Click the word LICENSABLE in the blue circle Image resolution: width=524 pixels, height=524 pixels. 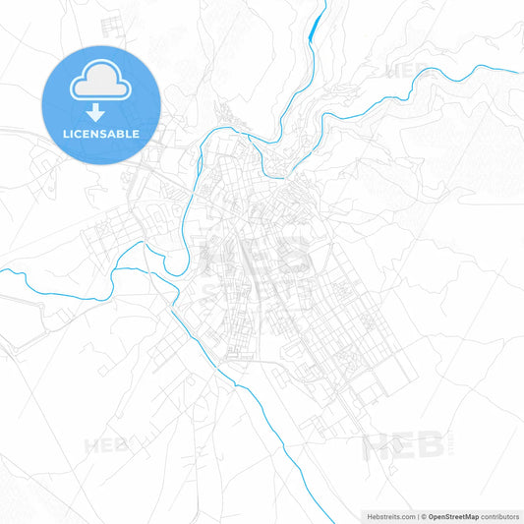coord(101,133)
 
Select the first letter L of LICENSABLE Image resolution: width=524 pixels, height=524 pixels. coord(66,133)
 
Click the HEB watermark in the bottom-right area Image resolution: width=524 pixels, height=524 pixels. coord(403,447)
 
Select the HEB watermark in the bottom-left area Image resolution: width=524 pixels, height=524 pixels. coord(106,445)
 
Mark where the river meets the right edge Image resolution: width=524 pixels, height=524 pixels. coord(521,72)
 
